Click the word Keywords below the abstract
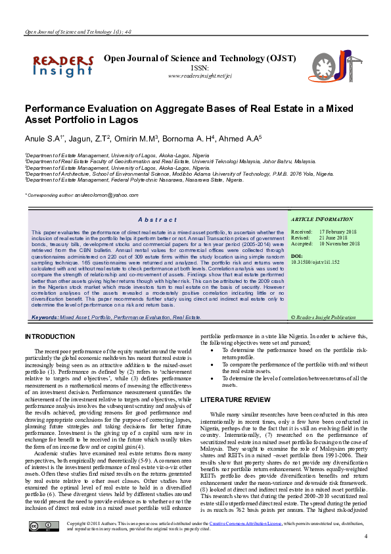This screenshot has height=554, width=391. (x=44, y=317)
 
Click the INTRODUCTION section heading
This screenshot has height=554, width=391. (x=49, y=336)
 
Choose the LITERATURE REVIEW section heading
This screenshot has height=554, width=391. (x=235, y=399)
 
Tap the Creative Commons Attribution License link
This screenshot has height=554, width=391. (x=247, y=522)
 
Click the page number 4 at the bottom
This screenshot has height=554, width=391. (x=365, y=537)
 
